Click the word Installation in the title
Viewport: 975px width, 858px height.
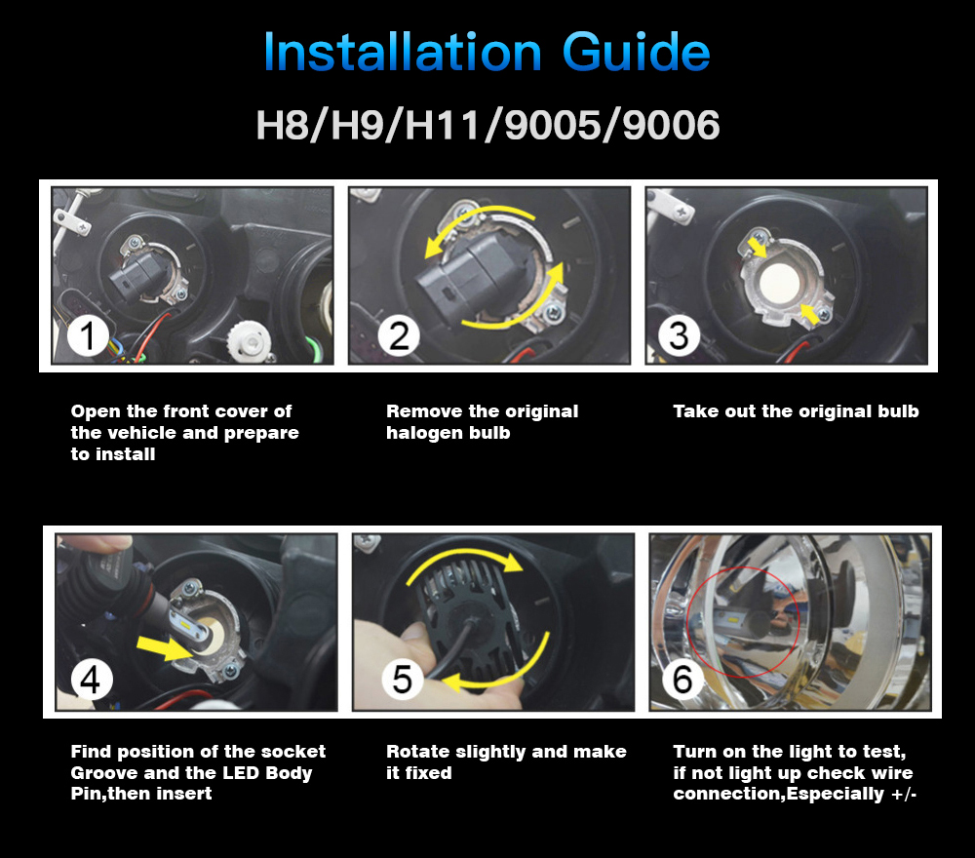click(403, 52)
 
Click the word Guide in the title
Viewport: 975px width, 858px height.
click(636, 52)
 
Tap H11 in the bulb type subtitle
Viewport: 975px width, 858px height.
click(442, 125)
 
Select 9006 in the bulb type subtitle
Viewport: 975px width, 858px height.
click(671, 125)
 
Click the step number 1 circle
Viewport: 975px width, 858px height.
click(88, 335)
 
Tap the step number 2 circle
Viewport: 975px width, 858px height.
click(399, 335)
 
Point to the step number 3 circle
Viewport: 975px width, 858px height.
click(679, 335)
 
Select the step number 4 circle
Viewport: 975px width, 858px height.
click(92, 679)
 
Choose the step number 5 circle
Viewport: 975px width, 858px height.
click(403, 679)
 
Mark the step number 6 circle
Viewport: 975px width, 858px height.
click(682, 679)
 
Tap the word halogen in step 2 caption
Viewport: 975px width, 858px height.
click(425, 433)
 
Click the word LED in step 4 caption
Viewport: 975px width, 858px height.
click(241, 773)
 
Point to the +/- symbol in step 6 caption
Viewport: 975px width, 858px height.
click(904, 794)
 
